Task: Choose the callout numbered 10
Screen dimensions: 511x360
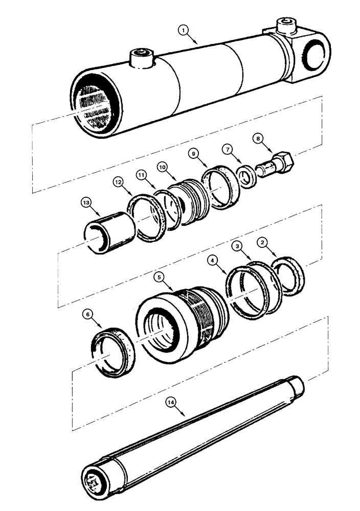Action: (x=161, y=167)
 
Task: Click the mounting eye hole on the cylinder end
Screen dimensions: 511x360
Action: (x=313, y=56)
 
